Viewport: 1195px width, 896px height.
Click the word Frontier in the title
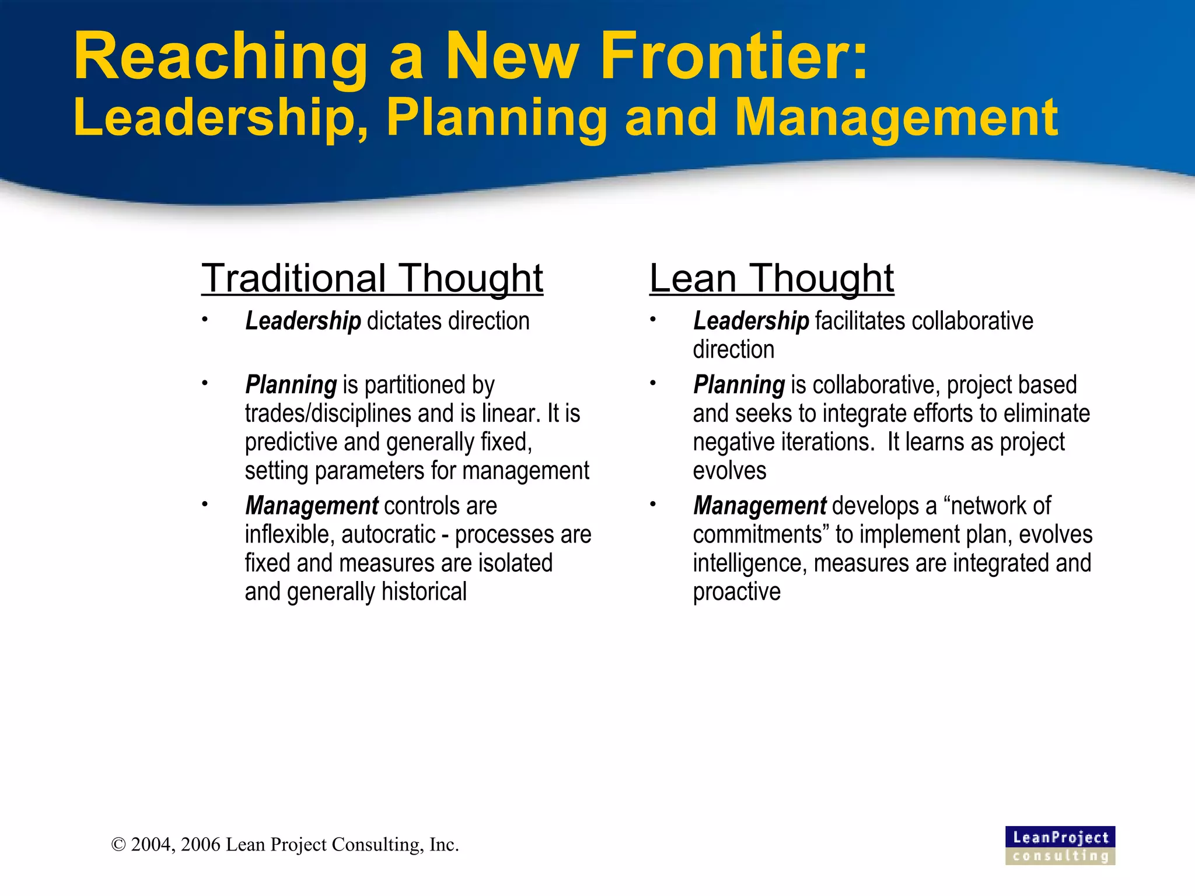point(734,57)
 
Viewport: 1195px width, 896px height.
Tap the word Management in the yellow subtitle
point(896,118)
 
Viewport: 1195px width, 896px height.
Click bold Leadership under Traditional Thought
point(303,321)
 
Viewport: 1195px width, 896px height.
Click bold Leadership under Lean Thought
point(751,321)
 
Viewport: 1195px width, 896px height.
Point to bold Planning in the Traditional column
point(291,384)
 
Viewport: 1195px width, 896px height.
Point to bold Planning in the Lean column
point(739,384)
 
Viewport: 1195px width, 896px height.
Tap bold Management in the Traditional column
point(312,505)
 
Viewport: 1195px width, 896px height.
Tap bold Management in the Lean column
point(760,505)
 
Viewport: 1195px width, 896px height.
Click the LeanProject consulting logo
point(1060,845)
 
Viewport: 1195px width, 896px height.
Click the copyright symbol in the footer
point(118,845)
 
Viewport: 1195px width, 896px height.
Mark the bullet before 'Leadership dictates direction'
point(205,319)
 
